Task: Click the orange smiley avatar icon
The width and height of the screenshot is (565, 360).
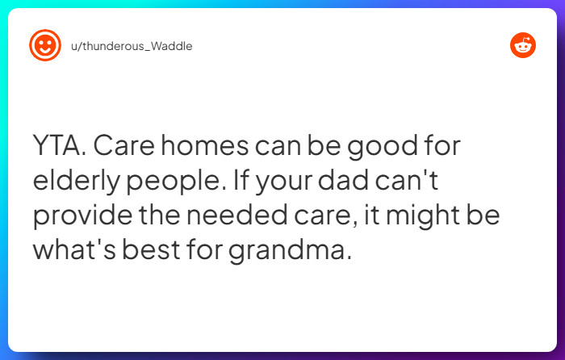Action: pos(45,45)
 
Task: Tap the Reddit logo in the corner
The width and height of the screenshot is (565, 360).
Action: pos(523,45)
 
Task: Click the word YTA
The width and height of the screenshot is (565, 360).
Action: pos(59,147)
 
